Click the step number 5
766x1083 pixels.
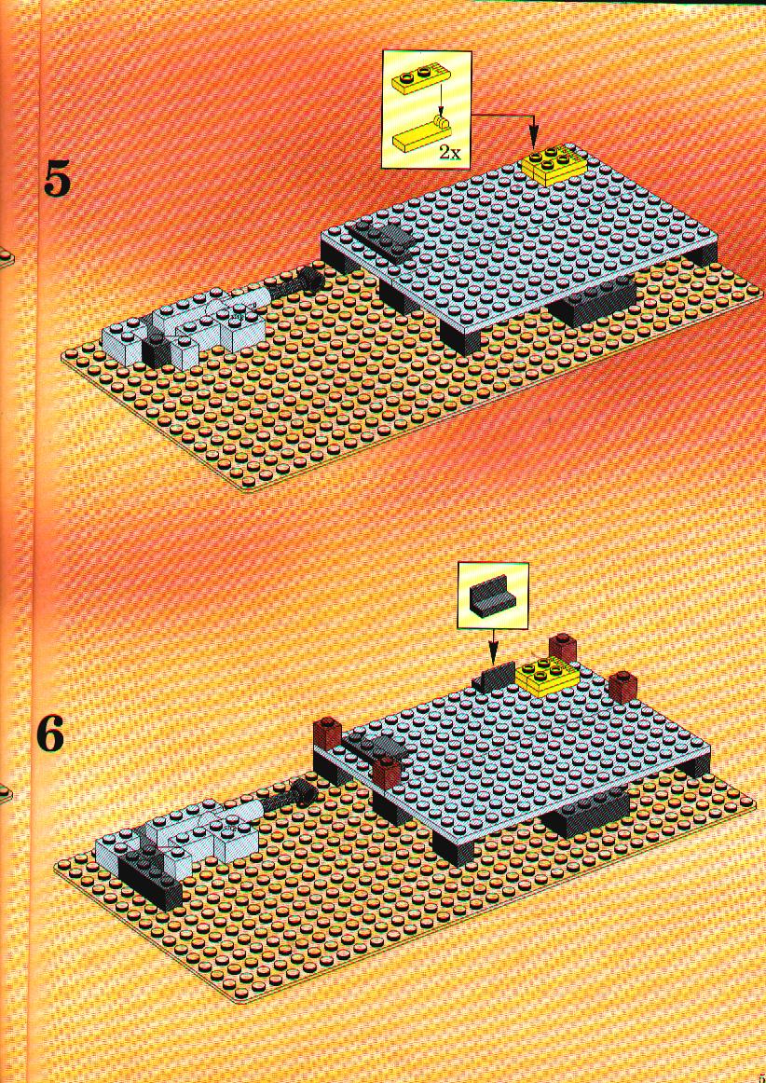click(x=57, y=178)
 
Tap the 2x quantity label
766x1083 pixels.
click(x=450, y=153)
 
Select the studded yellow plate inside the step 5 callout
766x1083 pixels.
click(x=415, y=82)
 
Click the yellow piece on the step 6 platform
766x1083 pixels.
click(x=548, y=674)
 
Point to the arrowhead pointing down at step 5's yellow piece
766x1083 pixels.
click(x=532, y=139)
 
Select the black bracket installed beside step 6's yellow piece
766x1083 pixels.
click(x=495, y=675)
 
